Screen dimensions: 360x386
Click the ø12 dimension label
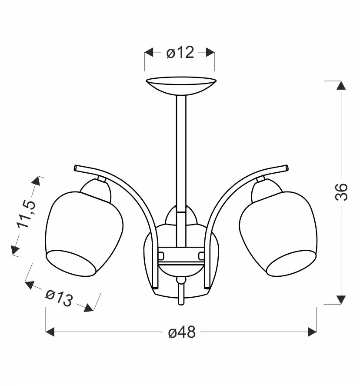180,52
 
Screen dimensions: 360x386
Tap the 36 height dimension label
341,192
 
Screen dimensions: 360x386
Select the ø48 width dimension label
182,332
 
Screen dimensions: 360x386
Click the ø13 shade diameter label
59,298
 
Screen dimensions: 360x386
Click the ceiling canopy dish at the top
181,85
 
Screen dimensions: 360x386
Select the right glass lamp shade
278,234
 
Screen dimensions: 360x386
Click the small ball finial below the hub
181,280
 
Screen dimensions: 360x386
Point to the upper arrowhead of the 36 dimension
341,85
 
